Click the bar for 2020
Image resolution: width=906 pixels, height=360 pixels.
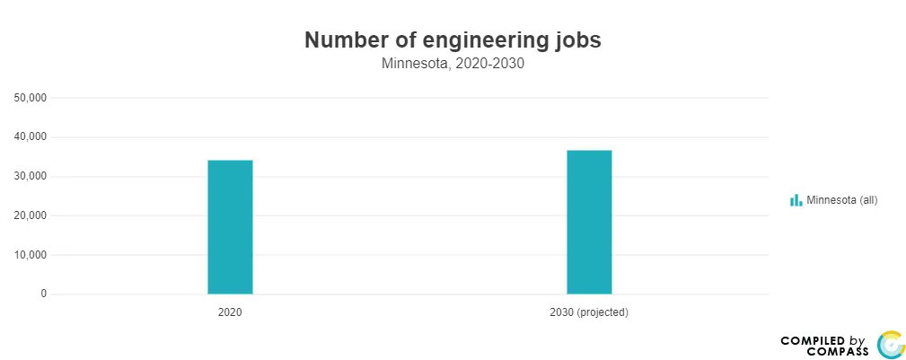(230, 227)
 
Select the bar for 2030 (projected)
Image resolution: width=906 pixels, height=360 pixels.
(589, 222)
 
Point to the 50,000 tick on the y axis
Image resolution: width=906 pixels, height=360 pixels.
(31, 98)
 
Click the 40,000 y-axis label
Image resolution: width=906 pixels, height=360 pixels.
(31, 137)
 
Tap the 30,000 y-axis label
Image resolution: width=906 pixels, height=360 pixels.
(31, 177)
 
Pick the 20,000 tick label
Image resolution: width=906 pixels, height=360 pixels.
(31, 215)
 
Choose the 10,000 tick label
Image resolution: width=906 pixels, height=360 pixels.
(31, 255)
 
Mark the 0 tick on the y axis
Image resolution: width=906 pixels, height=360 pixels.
(43, 294)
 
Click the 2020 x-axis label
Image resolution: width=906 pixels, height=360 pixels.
(230, 313)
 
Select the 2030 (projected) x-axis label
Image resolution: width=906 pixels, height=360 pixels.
(589, 313)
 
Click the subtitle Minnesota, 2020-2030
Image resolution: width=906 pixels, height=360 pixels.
(453, 64)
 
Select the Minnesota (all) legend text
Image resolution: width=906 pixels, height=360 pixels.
(841, 200)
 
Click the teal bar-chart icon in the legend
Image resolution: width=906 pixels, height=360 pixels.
(796, 200)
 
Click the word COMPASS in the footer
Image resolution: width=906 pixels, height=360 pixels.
(837, 351)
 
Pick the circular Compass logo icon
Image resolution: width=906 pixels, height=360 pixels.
(890, 345)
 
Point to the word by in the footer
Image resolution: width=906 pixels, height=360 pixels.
(857, 340)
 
